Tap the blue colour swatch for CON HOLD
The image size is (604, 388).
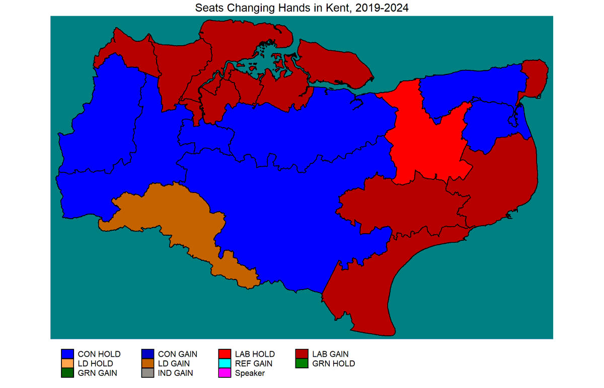click(67, 354)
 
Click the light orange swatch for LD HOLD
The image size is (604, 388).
click(67, 363)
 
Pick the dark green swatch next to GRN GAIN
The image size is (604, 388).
click(67, 373)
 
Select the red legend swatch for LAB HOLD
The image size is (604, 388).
click(224, 354)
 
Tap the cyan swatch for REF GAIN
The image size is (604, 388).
click(224, 363)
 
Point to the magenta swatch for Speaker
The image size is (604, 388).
click(224, 373)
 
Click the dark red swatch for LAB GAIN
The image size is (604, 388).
click(301, 354)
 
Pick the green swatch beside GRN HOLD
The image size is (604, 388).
click(301, 363)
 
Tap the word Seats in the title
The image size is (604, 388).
click(208, 8)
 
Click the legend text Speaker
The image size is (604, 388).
click(250, 373)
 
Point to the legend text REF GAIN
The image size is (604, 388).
click(254, 363)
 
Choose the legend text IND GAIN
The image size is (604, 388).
click(175, 373)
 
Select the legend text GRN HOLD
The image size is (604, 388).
click(334, 363)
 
